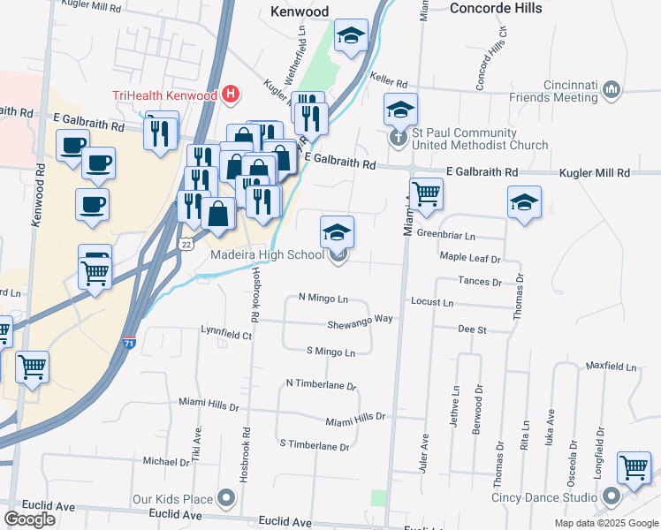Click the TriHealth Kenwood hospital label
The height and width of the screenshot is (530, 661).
(x=164, y=95)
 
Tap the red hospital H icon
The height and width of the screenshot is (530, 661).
(x=231, y=93)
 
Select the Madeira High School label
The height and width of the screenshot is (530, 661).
(x=267, y=255)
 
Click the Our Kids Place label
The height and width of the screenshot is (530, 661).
(x=172, y=499)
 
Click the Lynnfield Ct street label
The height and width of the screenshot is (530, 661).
(x=226, y=335)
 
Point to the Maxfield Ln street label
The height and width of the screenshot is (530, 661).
(x=609, y=366)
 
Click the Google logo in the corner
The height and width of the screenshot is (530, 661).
(x=29, y=519)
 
